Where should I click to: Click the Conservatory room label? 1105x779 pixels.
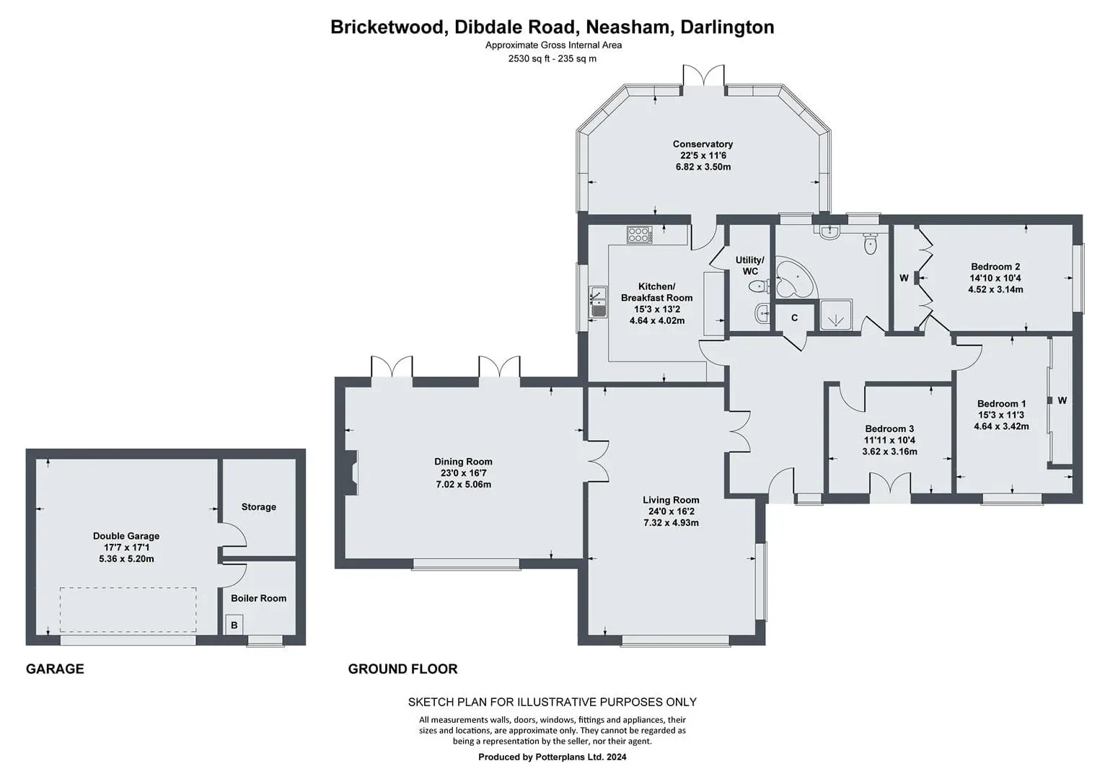click(x=703, y=144)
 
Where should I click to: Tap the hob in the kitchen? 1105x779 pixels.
click(x=639, y=234)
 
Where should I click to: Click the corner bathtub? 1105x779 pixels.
click(x=793, y=278)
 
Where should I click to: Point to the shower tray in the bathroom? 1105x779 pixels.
click(x=836, y=314)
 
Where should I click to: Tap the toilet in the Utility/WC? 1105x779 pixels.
click(x=760, y=286)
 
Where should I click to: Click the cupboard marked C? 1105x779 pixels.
click(x=794, y=318)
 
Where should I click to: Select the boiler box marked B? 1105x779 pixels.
click(x=234, y=625)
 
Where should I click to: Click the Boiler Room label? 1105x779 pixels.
click(x=258, y=599)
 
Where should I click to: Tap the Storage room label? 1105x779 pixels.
click(x=258, y=506)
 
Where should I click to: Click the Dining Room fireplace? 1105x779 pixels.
click(x=351, y=472)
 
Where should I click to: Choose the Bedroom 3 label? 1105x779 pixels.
click(x=889, y=428)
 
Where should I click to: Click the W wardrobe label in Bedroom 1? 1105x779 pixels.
click(x=1062, y=400)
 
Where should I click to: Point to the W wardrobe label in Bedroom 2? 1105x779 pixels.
click(x=904, y=278)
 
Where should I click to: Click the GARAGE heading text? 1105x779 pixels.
click(x=55, y=669)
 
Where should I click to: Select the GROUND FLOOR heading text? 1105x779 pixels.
click(x=402, y=669)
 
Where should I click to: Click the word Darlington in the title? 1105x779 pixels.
click(x=727, y=27)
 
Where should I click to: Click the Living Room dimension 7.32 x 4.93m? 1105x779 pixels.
click(x=671, y=522)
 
